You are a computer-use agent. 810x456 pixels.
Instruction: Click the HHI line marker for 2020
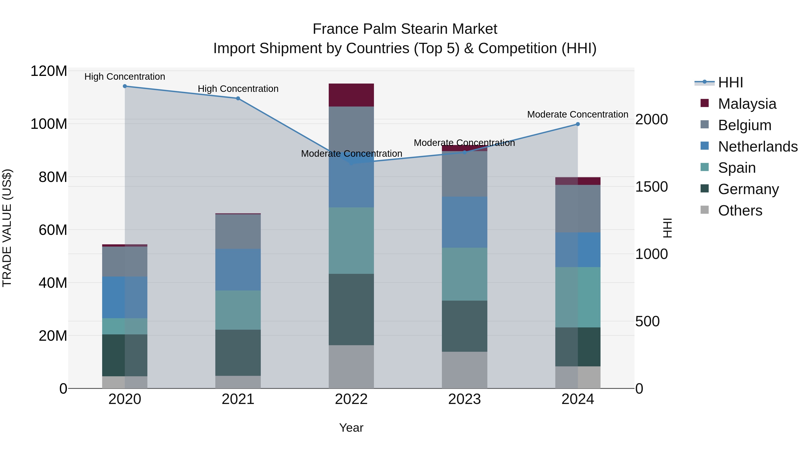click(x=125, y=86)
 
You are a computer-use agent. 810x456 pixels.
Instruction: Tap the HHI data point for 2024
click(x=578, y=124)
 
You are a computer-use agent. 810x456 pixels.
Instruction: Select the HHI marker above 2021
click(x=238, y=98)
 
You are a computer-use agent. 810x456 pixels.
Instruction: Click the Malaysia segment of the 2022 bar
click(x=351, y=95)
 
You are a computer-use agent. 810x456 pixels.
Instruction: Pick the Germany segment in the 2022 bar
click(x=351, y=309)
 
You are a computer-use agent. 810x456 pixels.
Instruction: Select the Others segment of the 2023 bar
click(x=464, y=370)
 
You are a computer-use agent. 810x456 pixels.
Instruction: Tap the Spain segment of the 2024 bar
click(x=578, y=297)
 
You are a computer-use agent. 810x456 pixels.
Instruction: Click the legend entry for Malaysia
click(x=747, y=104)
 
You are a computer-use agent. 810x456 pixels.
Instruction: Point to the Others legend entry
click(x=740, y=211)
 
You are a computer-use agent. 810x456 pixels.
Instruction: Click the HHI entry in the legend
click(x=730, y=82)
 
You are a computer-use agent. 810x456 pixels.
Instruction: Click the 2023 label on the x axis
click(x=464, y=399)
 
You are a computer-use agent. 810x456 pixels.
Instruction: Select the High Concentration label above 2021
click(x=238, y=89)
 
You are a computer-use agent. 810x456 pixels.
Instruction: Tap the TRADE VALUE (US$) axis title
click(x=7, y=228)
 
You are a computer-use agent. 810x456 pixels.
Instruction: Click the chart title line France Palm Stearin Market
click(x=405, y=29)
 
